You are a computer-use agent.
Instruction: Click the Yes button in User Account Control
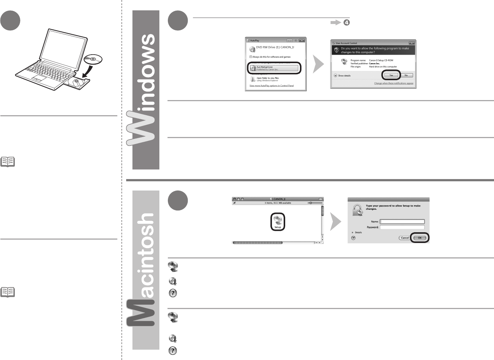pos(391,75)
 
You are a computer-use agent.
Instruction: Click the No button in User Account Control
pos(406,75)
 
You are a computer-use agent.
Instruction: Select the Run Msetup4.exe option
pos(274,68)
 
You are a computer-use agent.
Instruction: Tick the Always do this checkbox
pos(251,57)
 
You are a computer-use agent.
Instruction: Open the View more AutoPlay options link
pos(272,86)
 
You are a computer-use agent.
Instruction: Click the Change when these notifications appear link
pos(394,83)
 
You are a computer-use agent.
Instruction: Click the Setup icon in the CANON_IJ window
pos(277,222)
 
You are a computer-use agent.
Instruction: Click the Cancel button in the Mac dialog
pos(405,238)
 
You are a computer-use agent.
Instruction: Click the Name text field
pos(402,222)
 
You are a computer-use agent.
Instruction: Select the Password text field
pos(402,227)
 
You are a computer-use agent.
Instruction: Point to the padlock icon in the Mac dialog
pos(357,210)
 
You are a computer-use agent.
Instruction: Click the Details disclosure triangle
pos(353,233)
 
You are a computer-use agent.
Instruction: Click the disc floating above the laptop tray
pos(93,59)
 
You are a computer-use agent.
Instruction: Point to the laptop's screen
pos(64,46)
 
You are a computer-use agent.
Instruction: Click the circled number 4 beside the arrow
pos(346,23)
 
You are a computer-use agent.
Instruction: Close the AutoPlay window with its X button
pos(302,40)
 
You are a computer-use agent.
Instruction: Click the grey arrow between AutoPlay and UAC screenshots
pos(318,64)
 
